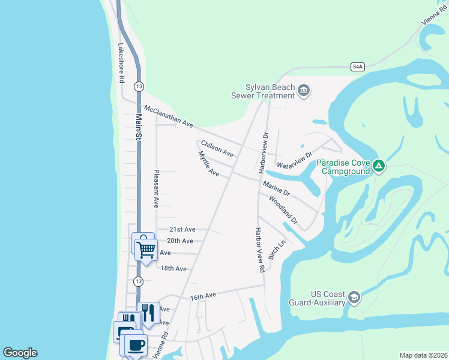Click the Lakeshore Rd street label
point(121,62)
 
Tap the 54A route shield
point(358,67)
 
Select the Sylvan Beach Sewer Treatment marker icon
point(304,91)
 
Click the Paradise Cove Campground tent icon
point(378,166)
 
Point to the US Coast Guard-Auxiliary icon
point(354,298)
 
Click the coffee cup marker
point(135,345)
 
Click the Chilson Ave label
point(217,148)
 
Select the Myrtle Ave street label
point(208,164)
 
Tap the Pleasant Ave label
point(155,188)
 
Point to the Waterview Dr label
point(295,160)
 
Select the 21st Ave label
point(182,229)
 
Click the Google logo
point(20,353)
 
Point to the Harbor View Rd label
point(259,250)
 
